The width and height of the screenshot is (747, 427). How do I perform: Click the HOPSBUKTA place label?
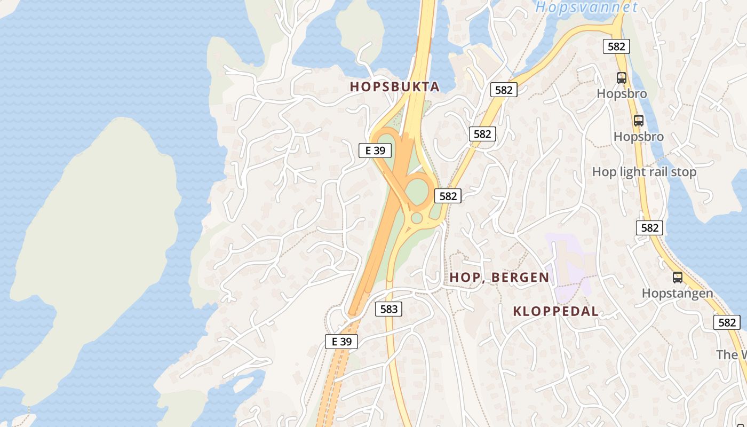(394, 87)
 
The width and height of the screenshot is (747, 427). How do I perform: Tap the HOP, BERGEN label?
(499, 277)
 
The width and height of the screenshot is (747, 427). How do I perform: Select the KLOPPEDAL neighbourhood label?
(555, 311)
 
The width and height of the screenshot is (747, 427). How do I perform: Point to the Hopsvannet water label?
(586, 7)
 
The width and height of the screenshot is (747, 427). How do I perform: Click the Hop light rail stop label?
(644, 172)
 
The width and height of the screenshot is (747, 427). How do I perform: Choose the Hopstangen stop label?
(677, 293)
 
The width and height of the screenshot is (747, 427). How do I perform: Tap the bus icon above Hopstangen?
(677, 278)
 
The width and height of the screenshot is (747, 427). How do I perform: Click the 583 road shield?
(388, 309)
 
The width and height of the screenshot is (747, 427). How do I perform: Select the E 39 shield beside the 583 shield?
(341, 342)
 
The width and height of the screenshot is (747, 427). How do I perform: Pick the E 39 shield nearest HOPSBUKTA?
(375, 151)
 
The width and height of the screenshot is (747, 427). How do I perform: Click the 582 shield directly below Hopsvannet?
(616, 46)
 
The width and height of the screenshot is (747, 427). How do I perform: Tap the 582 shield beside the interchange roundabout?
(448, 196)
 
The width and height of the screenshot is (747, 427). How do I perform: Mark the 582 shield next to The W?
(727, 322)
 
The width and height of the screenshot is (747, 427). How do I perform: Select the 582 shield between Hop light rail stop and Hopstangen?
(649, 228)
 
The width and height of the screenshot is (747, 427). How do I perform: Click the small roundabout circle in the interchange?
(417, 218)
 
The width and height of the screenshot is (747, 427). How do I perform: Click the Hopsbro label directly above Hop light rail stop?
(638, 137)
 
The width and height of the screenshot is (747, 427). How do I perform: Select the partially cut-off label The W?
(731, 355)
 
